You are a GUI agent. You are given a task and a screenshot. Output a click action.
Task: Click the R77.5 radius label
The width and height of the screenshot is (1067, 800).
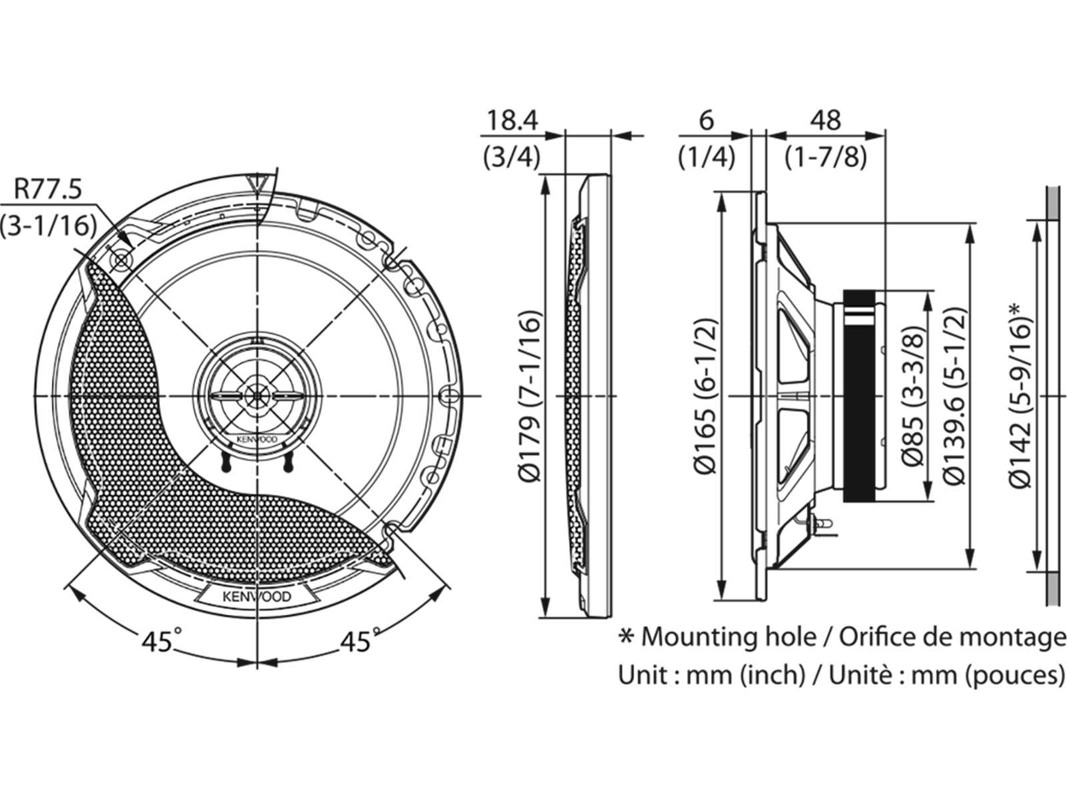pos(48,190)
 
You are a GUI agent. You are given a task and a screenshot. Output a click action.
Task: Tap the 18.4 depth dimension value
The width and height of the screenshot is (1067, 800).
pos(511,121)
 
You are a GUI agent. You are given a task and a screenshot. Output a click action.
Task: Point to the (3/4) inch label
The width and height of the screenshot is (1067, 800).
pos(511,158)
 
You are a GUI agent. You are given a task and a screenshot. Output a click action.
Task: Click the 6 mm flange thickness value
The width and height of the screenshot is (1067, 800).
pos(707,121)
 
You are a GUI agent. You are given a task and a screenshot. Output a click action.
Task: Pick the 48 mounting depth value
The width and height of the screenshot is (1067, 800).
pos(825,121)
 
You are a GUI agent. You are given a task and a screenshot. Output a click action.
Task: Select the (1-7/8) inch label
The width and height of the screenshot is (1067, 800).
pos(826,158)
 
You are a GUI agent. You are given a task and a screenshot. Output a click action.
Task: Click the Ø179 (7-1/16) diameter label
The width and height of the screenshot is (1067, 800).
pos(529,396)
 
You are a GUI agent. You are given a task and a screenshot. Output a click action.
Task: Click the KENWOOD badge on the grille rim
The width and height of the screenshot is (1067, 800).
pos(257,595)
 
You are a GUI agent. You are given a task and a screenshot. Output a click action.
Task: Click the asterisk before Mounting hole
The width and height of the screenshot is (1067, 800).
pos(626,637)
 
